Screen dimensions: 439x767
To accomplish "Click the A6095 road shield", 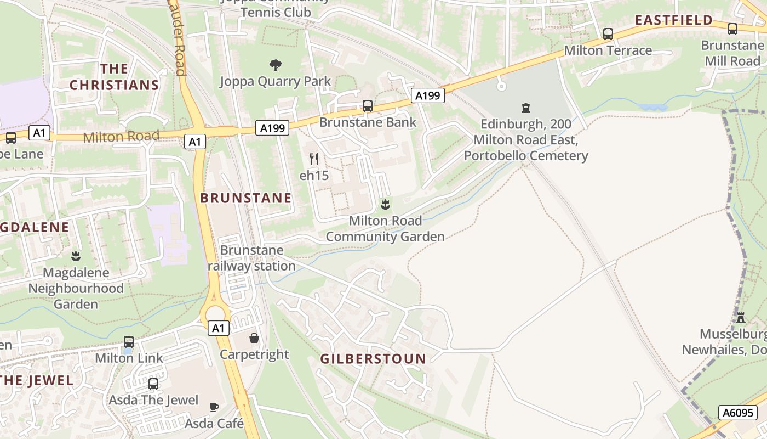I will pyautogui.click(x=737, y=413).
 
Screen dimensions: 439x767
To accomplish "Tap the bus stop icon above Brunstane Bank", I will pyautogui.click(x=368, y=106).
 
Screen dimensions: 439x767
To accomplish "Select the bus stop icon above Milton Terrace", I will pyautogui.click(x=608, y=34).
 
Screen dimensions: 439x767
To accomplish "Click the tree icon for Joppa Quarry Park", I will pyautogui.click(x=276, y=65).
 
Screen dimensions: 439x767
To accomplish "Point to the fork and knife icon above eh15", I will pyautogui.click(x=314, y=159).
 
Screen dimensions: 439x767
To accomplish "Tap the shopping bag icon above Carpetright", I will pyautogui.click(x=254, y=337).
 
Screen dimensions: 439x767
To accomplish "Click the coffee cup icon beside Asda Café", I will pyautogui.click(x=214, y=407).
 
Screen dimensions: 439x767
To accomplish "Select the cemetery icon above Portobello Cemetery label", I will pyautogui.click(x=526, y=108).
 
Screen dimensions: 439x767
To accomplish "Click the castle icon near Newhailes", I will pyautogui.click(x=741, y=317).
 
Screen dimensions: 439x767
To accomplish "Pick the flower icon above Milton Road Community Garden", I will pyautogui.click(x=385, y=205).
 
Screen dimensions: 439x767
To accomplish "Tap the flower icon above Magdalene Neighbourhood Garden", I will pyautogui.click(x=76, y=256).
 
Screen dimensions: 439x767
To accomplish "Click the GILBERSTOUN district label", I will pyautogui.click(x=373, y=359).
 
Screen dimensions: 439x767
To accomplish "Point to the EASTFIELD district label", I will pyautogui.click(x=674, y=20).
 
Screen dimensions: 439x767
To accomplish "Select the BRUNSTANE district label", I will pyautogui.click(x=246, y=198).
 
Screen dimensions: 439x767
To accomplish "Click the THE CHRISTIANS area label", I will pyautogui.click(x=115, y=77).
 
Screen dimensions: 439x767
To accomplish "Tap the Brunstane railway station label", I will pyautogui.click(x=252, y=258).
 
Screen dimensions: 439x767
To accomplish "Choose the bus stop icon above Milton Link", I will pyautogui.click(x=129, y=341).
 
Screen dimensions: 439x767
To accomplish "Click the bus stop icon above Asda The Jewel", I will pyautogui.click(x=153, y=384).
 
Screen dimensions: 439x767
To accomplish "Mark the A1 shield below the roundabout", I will pyautogui.click(x=218, y=328).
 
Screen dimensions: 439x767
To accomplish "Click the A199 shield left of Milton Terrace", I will pyautogui.click(x=427, y=95).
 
